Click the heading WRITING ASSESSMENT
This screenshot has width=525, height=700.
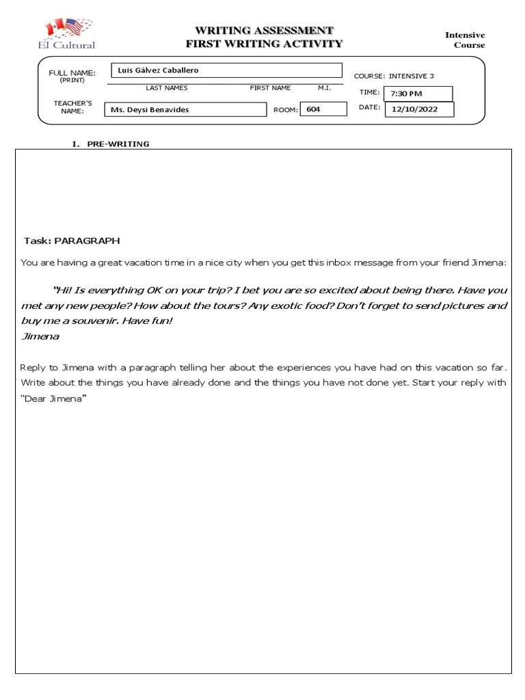(264, 30)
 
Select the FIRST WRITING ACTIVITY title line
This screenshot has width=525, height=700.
(264, 44)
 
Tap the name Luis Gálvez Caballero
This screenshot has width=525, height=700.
(159, 70)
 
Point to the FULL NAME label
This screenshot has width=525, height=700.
(72, 73)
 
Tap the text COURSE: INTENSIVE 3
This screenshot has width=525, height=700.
(393, 76)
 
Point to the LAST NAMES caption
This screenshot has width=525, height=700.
(166, 87)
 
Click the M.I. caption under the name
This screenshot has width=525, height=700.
(324, 87)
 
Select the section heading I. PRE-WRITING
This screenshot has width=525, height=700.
(111, 144)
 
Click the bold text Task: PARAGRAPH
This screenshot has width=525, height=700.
(72, 241)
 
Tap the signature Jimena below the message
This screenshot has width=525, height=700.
(40, 336)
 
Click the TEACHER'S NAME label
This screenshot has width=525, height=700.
(68, 107)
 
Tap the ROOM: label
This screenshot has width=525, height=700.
(286, 109)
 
